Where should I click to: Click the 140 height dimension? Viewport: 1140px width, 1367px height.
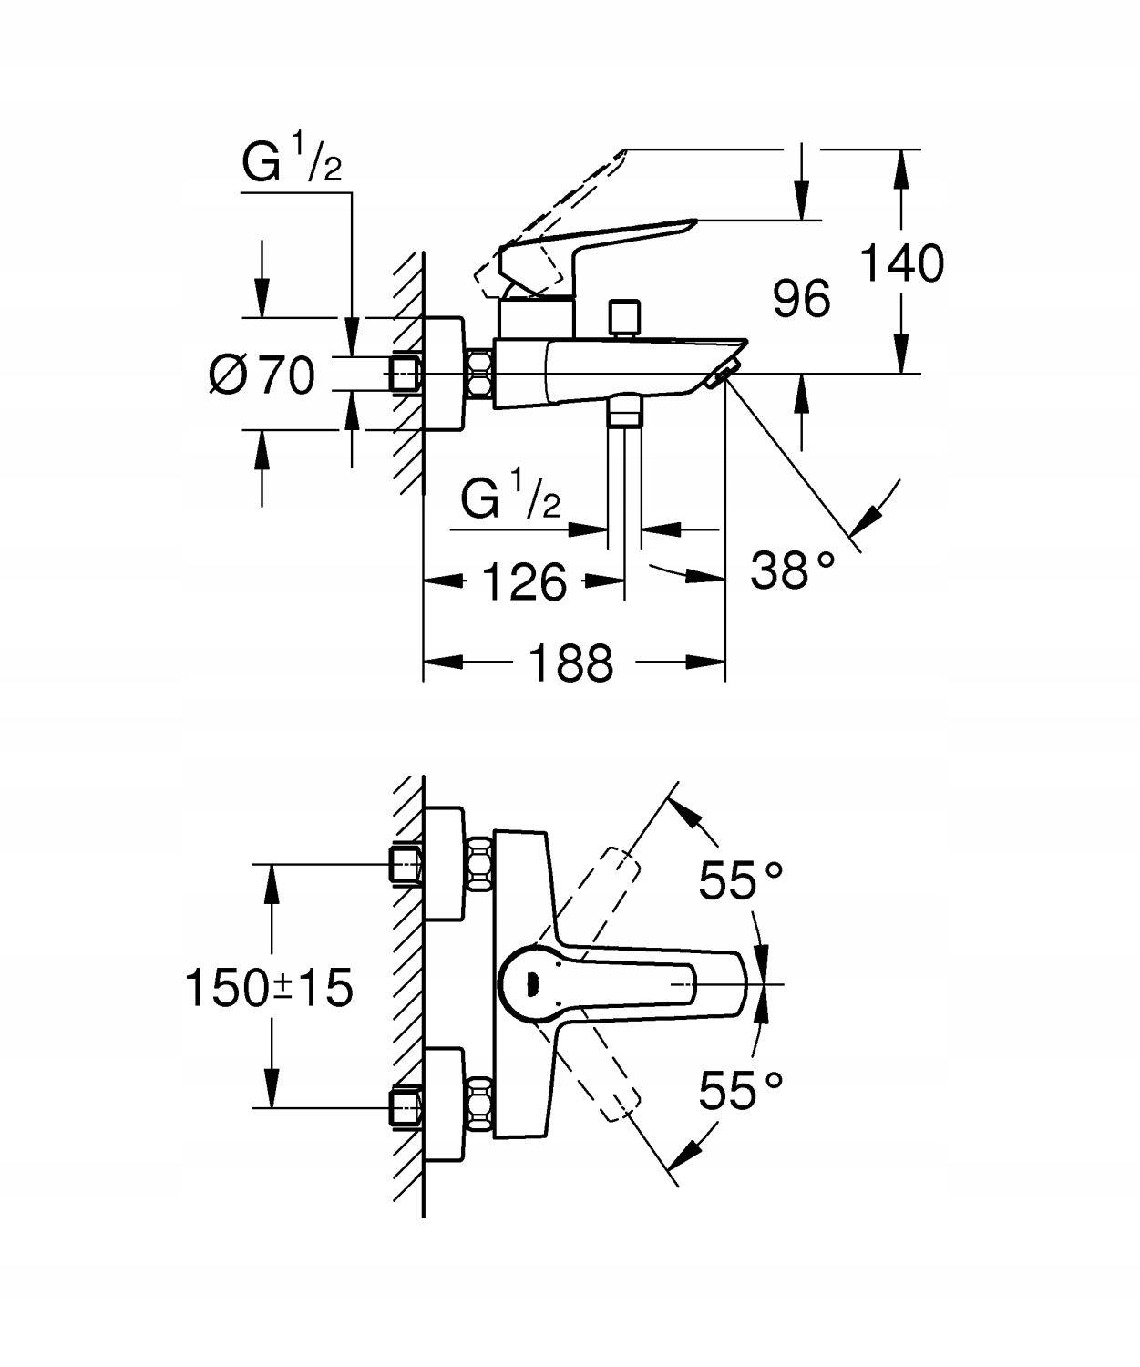[901, 264]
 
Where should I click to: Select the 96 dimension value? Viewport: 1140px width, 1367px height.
[802, 299]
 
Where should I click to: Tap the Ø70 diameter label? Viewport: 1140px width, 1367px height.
[262, 375]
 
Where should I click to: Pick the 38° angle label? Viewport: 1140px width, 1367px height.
[792, 571]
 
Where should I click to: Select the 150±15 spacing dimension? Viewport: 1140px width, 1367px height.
[269, 988]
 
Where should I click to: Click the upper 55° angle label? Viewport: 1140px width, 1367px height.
[741, 880]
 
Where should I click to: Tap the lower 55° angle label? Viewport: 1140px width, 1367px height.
[741, 1090]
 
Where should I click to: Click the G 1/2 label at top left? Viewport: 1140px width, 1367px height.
[292, 164]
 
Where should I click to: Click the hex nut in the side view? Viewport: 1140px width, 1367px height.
[480, 374]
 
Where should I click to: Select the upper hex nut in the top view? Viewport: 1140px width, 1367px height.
[480, 866]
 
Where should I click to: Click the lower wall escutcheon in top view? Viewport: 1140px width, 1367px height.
[445, 1105]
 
